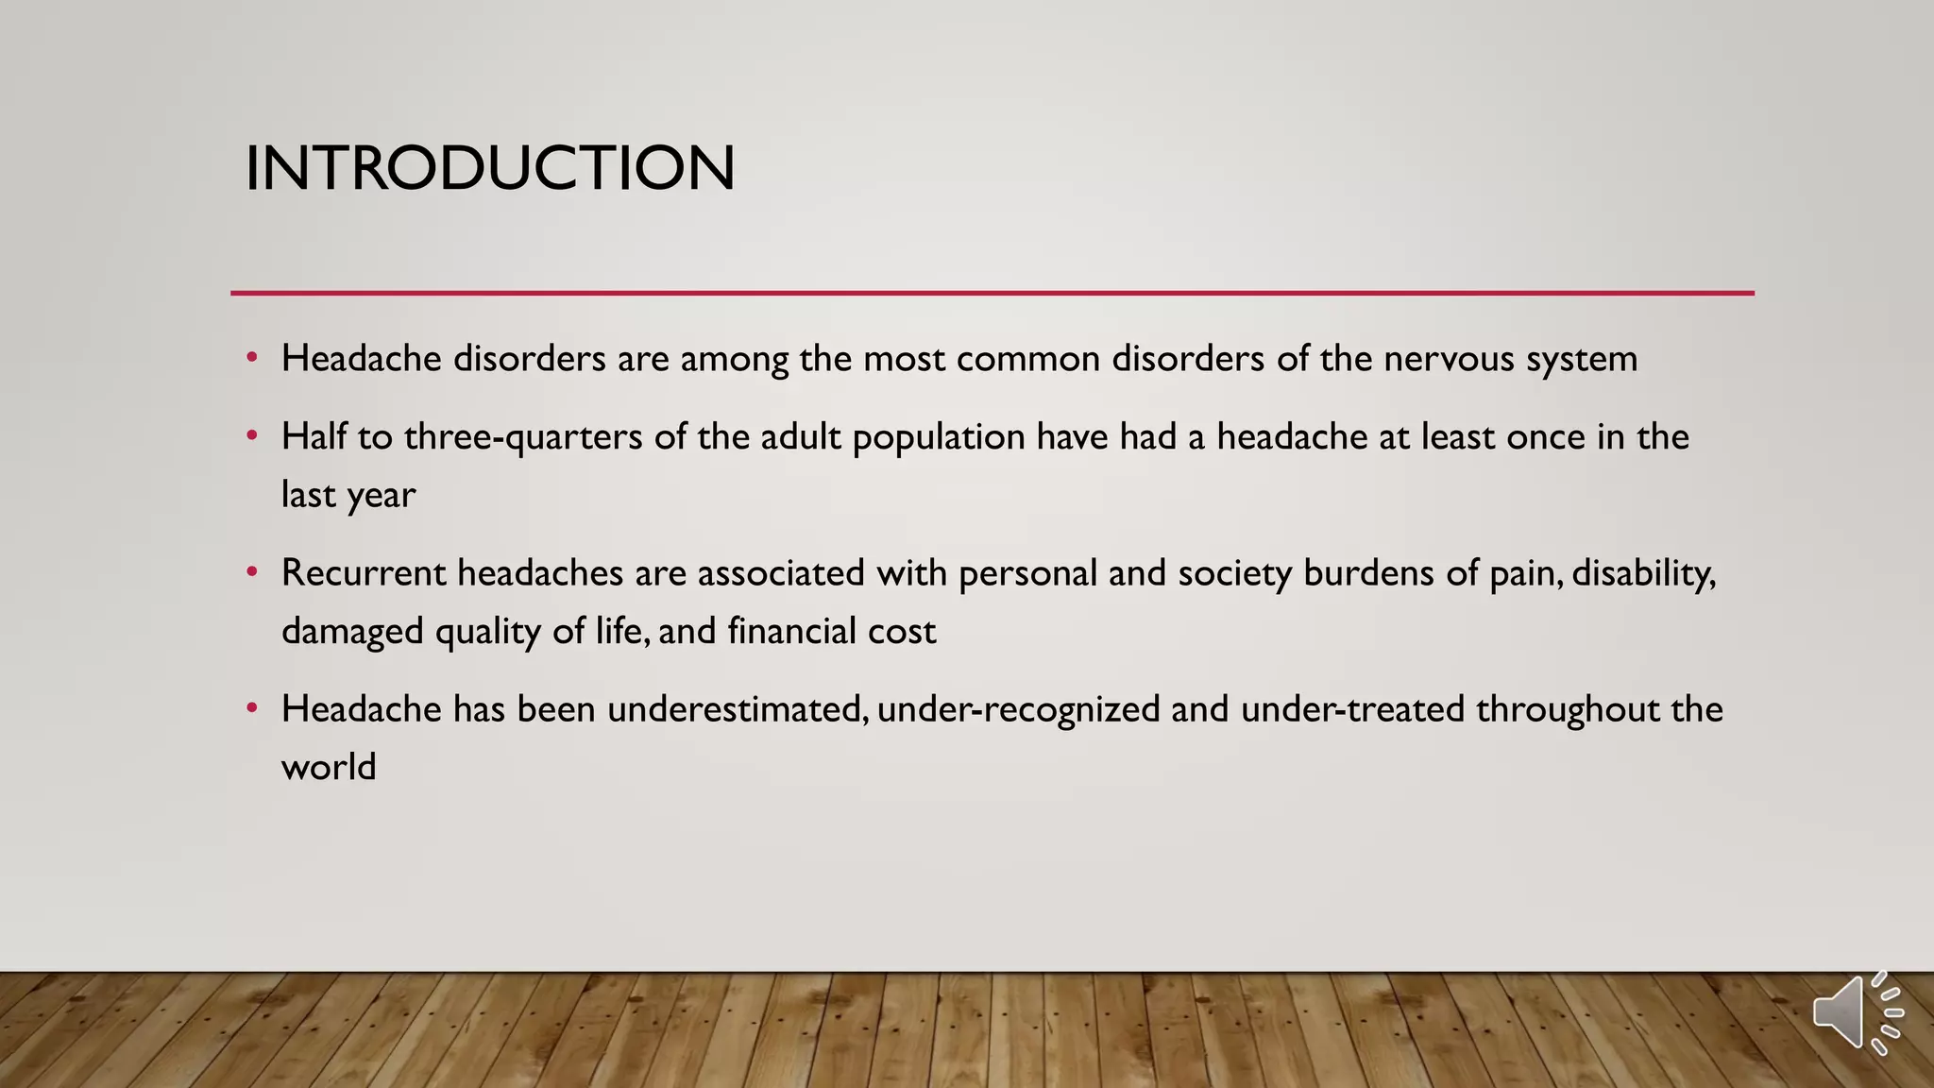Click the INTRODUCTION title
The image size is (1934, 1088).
[x=489, y=168]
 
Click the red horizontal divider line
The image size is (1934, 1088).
[x=992, y=293]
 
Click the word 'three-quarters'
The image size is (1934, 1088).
[x=523, y=437]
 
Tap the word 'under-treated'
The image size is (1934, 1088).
[x=1352, y=709]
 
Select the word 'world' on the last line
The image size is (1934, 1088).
[x=329, y=767]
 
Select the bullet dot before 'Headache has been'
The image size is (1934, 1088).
[x=251, y=709]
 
